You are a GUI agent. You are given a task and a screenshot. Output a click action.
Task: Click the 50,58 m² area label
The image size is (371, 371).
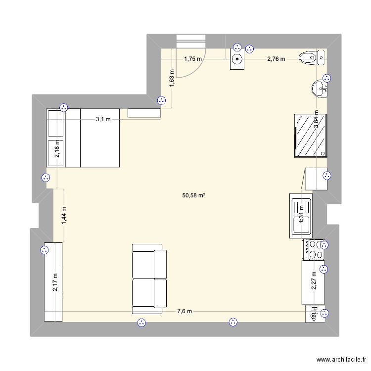193,195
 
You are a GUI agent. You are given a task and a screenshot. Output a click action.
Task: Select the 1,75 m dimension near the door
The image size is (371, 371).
193,59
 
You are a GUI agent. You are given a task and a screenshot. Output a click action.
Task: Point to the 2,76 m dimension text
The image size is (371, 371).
276,59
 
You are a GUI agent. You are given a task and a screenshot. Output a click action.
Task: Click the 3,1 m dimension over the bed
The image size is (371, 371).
103,119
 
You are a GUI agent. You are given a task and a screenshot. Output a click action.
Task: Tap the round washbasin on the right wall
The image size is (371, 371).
318,90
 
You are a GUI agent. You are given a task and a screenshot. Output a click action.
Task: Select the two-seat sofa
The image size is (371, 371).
149,278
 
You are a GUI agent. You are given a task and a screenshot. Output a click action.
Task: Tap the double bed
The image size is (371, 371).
83,138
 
